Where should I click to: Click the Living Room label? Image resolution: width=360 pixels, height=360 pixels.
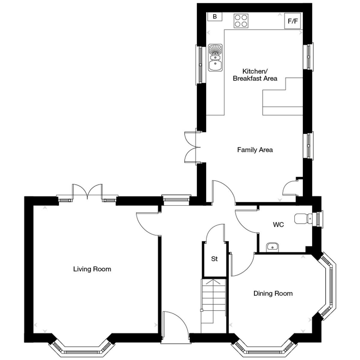(x=92, y=269)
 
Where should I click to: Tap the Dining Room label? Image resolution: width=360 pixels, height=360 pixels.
(x=273, y=293)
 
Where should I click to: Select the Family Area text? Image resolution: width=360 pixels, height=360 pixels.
(x=255, y=150)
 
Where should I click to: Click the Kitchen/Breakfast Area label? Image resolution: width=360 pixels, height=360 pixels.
(x=255, y=75)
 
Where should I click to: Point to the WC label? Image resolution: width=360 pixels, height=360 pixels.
(x=278, y=225)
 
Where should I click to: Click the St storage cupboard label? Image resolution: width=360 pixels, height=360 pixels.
(x=214, y=259)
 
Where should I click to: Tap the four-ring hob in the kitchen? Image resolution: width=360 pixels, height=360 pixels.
(x=241, y=21)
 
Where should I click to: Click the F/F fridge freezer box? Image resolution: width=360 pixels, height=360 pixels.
(x=292, y=21)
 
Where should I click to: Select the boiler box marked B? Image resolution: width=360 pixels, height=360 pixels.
(x=215, y=16)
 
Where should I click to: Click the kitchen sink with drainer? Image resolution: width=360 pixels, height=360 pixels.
(x=215, y=58)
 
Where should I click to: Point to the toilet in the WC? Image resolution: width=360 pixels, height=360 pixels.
(x=303, y=219)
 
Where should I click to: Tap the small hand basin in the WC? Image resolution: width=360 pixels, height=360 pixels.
(x=272, y=247)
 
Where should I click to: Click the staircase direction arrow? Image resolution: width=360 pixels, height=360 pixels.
(x=213, y=283)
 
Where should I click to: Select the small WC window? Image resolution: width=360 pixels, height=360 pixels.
(x=319, y=219)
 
